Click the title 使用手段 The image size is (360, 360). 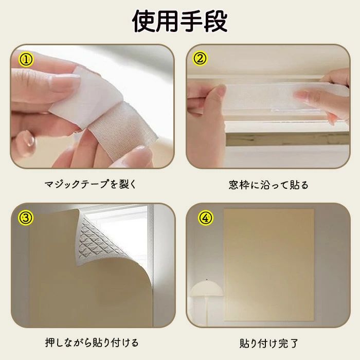coord(180,21)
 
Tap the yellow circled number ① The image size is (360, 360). coord(26,60)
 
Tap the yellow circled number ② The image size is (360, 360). coord(200,59)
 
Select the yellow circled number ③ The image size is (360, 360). coord(25,218)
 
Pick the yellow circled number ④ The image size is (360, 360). coord(206,218)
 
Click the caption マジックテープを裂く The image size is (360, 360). coord(90,184)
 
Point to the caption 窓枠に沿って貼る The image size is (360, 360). coord(268,185)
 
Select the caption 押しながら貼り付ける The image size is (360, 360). coord(92,343)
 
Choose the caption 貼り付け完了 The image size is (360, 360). coord(268,344)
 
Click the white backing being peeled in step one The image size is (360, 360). coord(85,97)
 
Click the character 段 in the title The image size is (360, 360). coord(216,21)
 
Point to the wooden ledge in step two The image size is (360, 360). coord(287,139)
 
